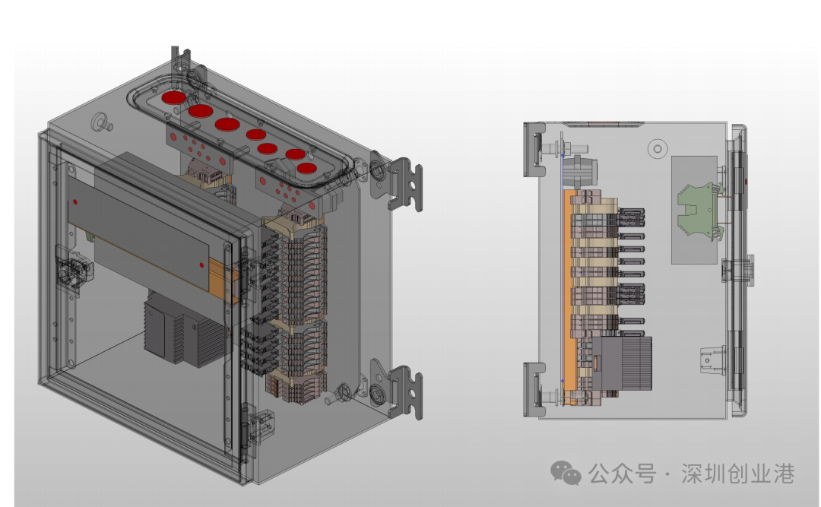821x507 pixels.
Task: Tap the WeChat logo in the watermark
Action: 566,473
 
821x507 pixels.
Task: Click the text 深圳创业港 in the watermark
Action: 737,474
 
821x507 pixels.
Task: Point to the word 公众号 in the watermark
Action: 622,474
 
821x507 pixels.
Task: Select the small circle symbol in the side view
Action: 658,149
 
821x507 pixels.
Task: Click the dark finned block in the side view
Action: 622,363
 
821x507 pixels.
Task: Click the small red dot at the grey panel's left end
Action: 75,201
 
